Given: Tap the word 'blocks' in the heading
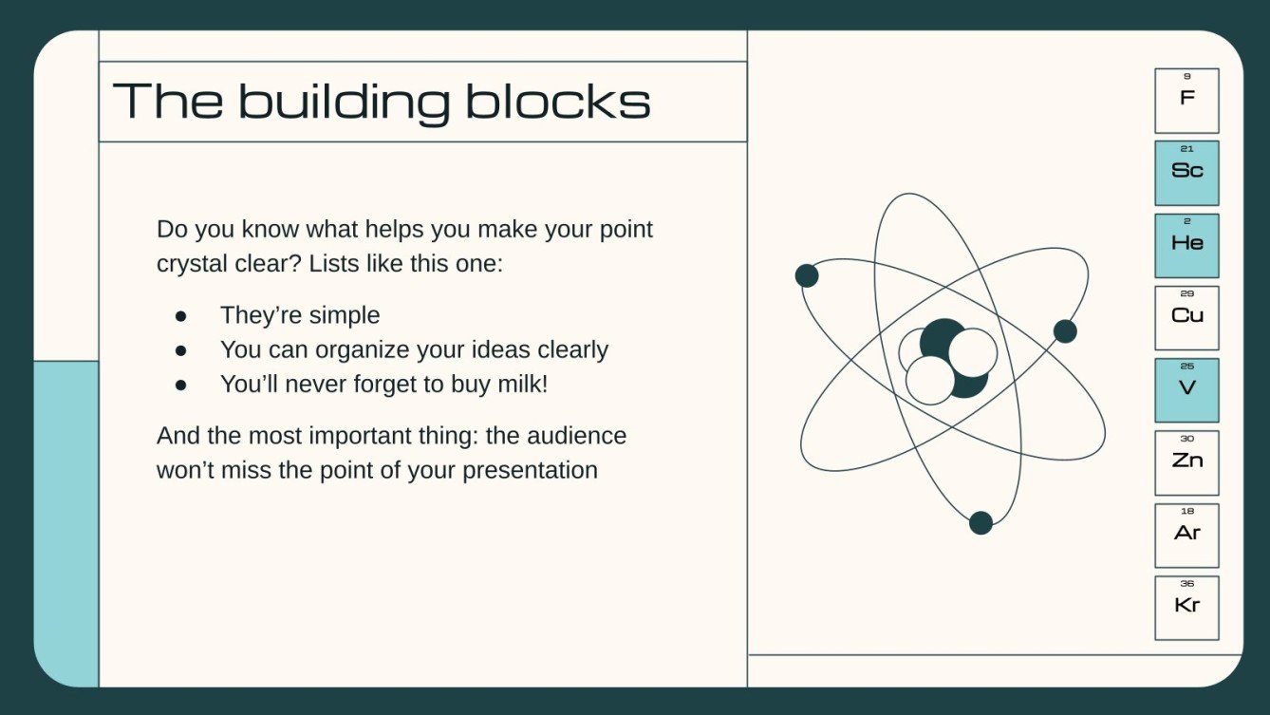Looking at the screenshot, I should tap(557, 101).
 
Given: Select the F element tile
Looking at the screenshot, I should tap(1186, 101).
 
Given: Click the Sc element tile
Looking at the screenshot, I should tap(1186, 173).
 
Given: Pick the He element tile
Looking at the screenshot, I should tap(1186, 245).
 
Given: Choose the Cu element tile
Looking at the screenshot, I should tap(1186, 318).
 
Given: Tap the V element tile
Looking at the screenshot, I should tap(1186, 390).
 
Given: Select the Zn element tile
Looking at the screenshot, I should tap(1186, 462).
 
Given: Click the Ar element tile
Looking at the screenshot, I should tap(1186, 535).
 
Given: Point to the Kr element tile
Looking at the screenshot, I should tap(1186, 608).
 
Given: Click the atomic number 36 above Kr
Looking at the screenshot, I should tap(1186, 584).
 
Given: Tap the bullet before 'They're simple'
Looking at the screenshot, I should tap(181, 315).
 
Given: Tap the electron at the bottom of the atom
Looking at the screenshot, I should tap(981, 522).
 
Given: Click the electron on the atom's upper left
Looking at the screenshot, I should tap(807, 275).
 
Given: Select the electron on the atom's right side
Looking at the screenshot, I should tap(1065, 331).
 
